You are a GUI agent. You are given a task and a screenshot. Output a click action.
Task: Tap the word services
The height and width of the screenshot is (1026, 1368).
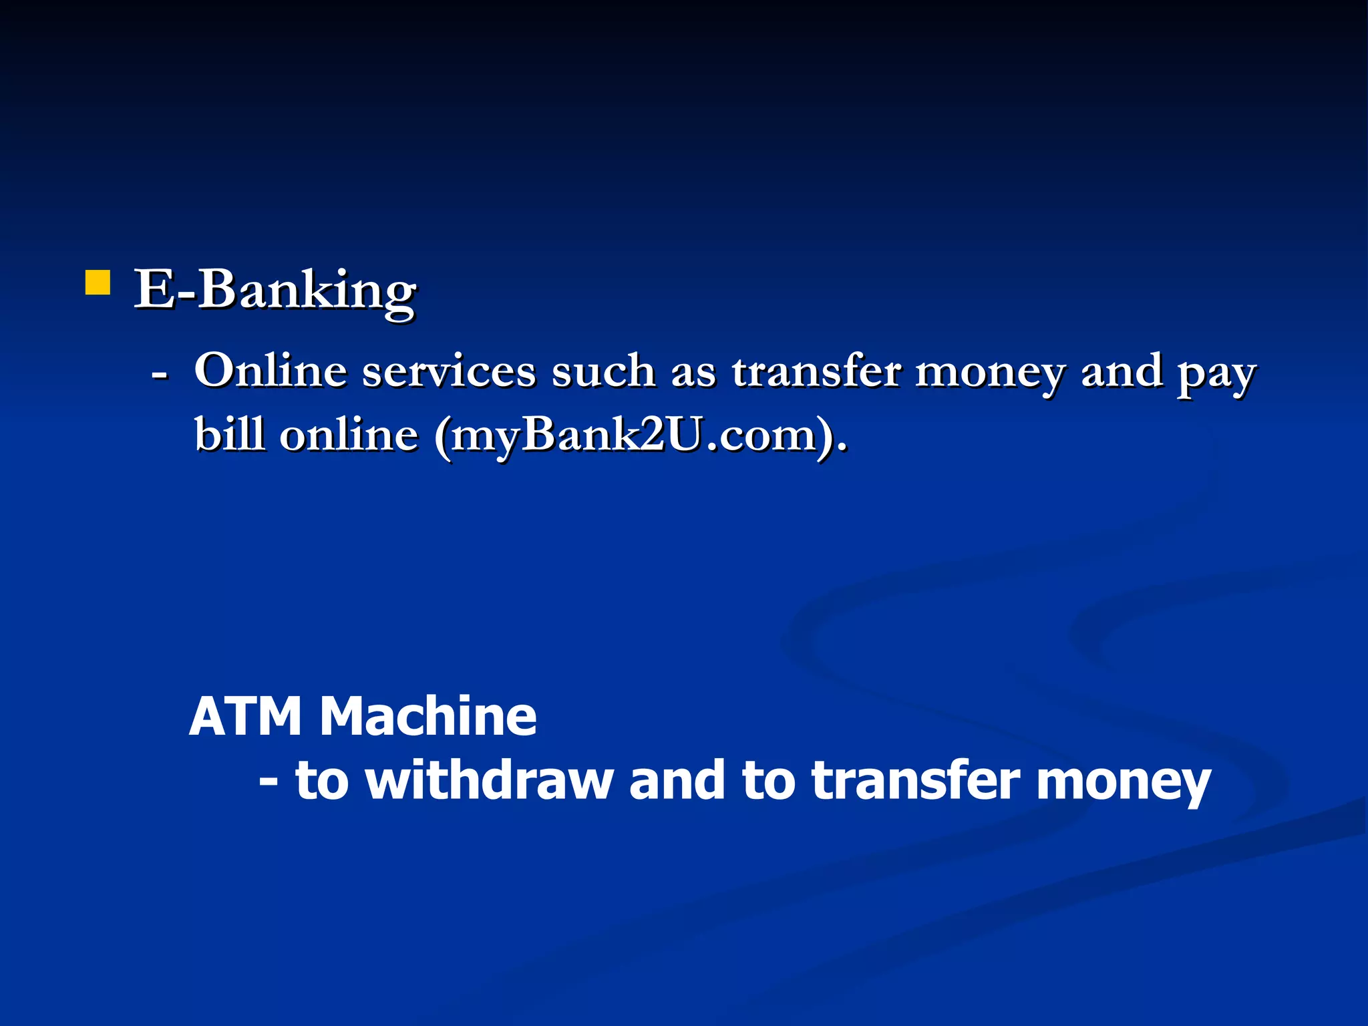click(449, 371)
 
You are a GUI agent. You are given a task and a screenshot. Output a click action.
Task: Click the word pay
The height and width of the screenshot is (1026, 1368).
click(1216, 374)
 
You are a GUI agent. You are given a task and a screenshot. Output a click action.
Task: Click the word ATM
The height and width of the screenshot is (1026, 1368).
click(245, 717)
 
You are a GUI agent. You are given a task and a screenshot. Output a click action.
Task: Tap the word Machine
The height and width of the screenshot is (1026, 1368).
click(427, 717)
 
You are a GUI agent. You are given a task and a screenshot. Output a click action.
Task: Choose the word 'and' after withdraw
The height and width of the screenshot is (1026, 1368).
click(677, 780)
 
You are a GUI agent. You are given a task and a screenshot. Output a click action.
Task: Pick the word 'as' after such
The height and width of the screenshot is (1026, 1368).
click(693, 373)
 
